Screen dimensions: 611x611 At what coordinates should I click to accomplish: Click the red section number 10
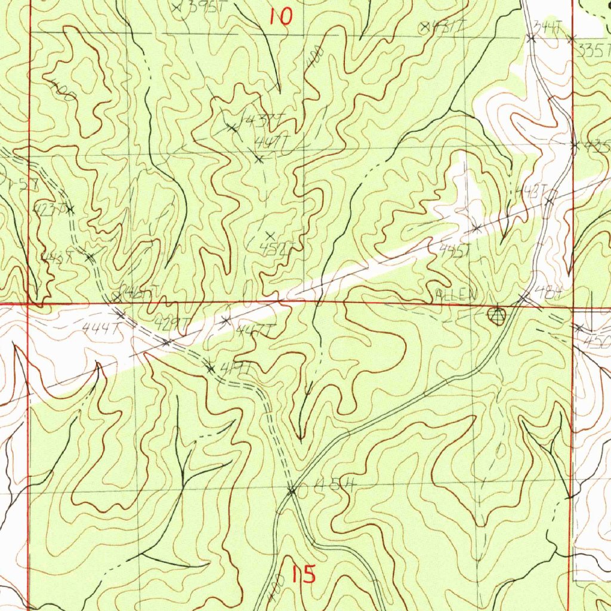click(x=280, y=17)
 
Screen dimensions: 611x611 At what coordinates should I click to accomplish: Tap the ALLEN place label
click(x=457, y=295)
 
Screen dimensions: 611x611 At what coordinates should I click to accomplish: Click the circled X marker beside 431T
click(x=425, y=26)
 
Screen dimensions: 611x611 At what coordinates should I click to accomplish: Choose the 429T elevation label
click(x=172, y=323)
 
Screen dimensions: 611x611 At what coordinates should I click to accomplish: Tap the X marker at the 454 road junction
click(x=292, y=491)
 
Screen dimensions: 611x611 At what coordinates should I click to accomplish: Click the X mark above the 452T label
click(x=270, y=235)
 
